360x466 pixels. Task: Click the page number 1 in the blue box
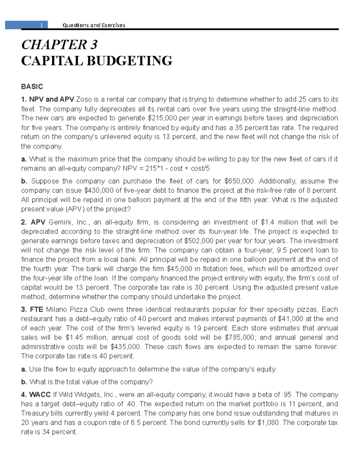tap(42, 25)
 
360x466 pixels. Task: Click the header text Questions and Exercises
tap(94, 25)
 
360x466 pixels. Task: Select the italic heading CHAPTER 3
tap(59, 45)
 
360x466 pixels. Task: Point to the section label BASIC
tap(32, 87)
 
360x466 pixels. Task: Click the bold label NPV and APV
tap(52, 99)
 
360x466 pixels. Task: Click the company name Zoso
tap(84, 99)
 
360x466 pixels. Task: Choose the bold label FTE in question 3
tap(36, 310)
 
